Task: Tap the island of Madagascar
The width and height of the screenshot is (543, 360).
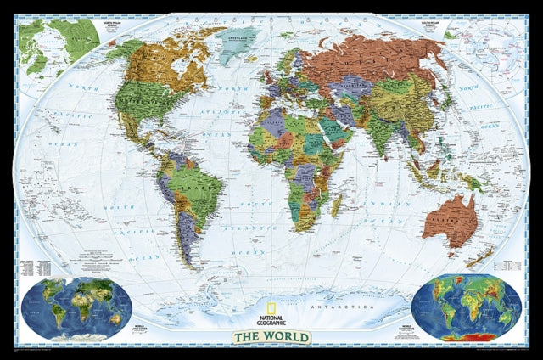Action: (x=336, y=205)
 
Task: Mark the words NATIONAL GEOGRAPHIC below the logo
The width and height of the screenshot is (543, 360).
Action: (x=271, y=323)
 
